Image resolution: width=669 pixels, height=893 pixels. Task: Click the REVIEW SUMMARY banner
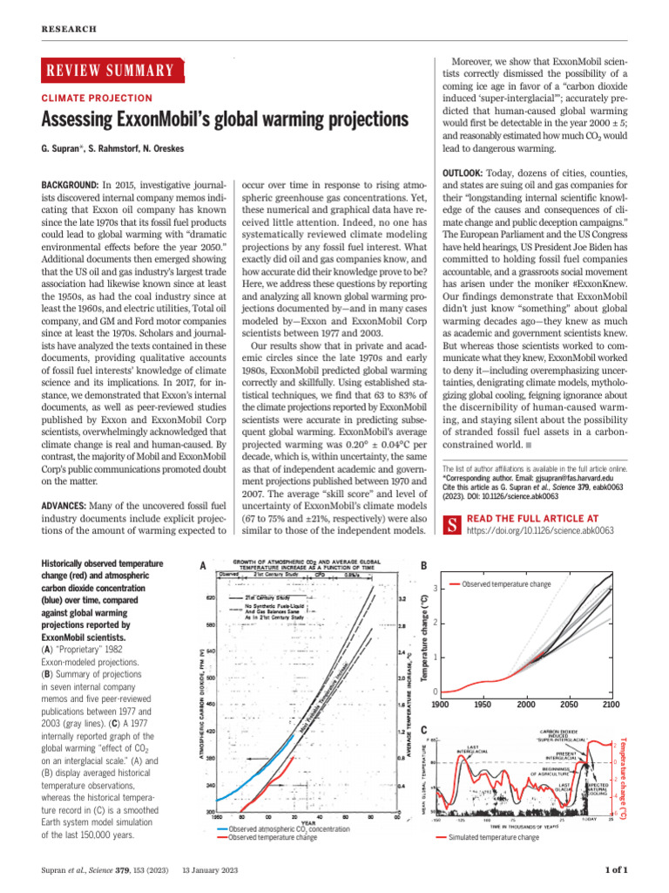click(x=110, y=71)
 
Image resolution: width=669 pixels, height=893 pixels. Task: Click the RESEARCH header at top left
click(x=66, y=30)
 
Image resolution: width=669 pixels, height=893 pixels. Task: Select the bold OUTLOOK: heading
click(x=470, y=172)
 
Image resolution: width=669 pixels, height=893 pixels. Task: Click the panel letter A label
click(x=203, y=566)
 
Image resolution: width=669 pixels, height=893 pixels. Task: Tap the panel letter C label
click(x=423, y=729)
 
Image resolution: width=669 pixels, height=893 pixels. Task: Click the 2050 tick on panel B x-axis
click(x=569, y=704)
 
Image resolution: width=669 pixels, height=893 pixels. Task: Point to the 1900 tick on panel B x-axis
click(x=440, y=704)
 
